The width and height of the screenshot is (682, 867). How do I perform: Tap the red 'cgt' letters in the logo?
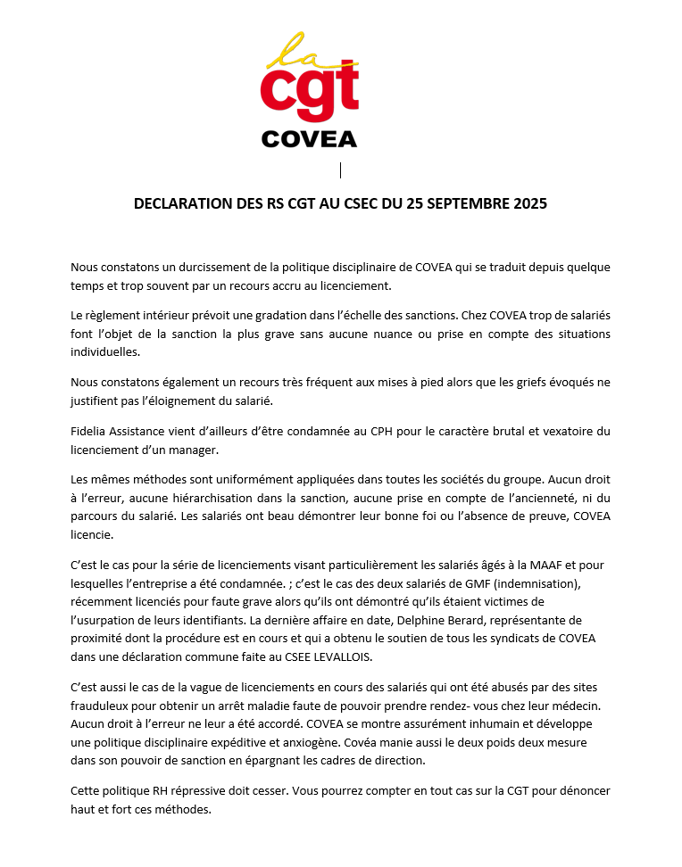coord(309,95)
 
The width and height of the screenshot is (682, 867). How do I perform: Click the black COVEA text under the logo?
coord(309,139)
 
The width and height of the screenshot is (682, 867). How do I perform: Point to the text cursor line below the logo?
coord(340,169)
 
